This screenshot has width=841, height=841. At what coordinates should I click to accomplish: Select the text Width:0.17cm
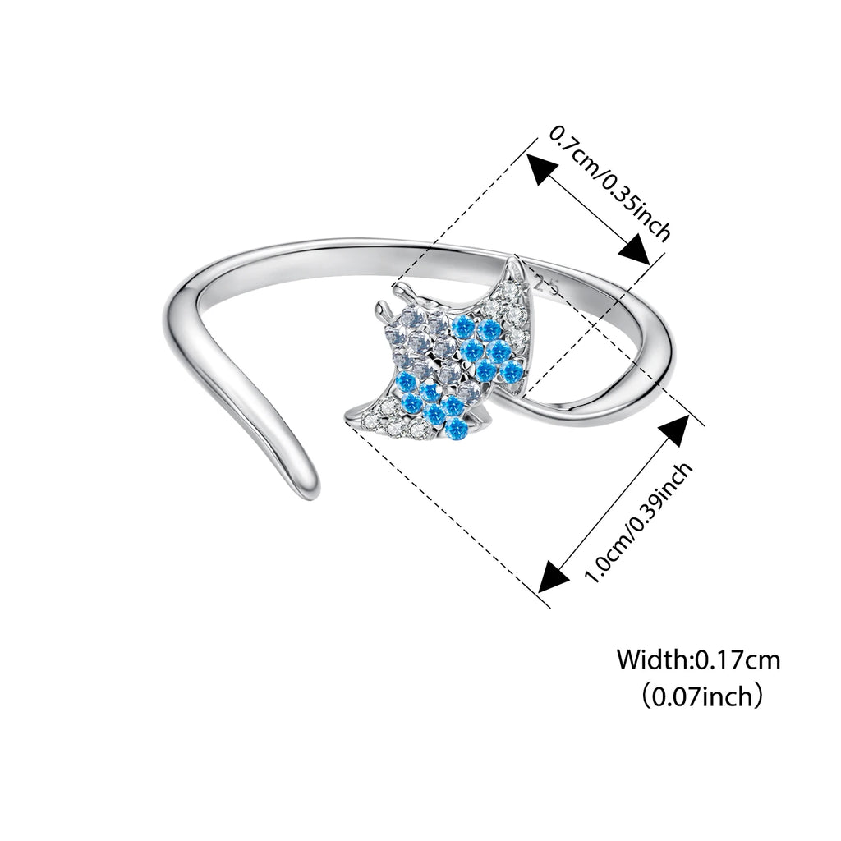click(698, 659)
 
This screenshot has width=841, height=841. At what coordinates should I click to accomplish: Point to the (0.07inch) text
click(698, 698)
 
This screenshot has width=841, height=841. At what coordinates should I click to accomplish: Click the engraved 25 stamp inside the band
click(546, 285)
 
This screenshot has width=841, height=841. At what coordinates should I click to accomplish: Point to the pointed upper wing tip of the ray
click(515, 263)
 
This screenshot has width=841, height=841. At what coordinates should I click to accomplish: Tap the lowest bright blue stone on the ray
click(458, 428)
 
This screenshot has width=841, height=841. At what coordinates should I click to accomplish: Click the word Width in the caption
click(653, 659)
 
